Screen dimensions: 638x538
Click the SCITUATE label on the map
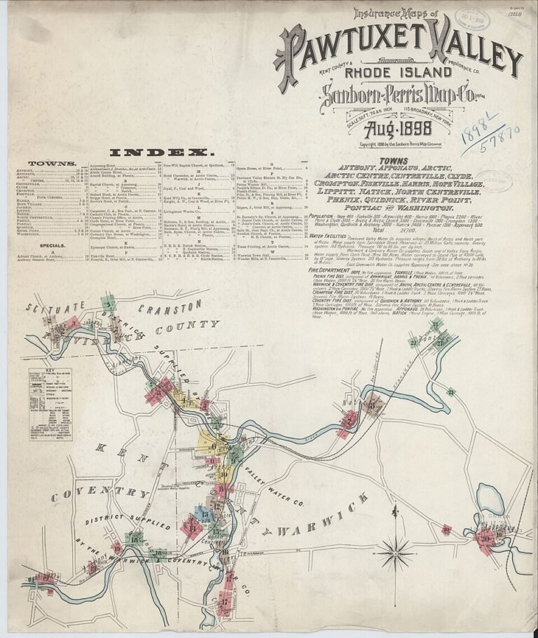(46, 307)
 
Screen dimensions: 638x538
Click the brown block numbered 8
(373, 403)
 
